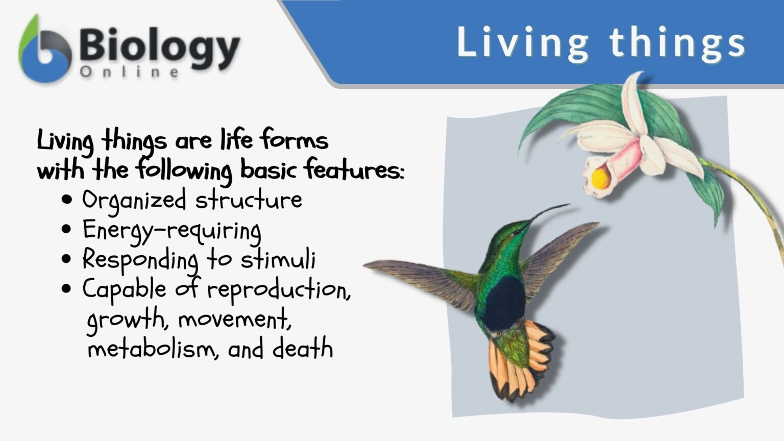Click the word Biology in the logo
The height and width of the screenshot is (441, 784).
159,46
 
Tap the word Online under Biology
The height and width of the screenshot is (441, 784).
129,72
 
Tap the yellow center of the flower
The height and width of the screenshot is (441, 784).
600,178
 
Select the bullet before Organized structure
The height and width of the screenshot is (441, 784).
66,200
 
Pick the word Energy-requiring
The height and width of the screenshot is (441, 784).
172,230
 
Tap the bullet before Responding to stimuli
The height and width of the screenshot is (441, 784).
66,259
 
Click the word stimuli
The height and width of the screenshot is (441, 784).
278,259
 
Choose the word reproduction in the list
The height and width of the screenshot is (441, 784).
279,290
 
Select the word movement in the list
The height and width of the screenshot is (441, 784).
234,320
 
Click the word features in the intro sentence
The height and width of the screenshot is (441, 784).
354,170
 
